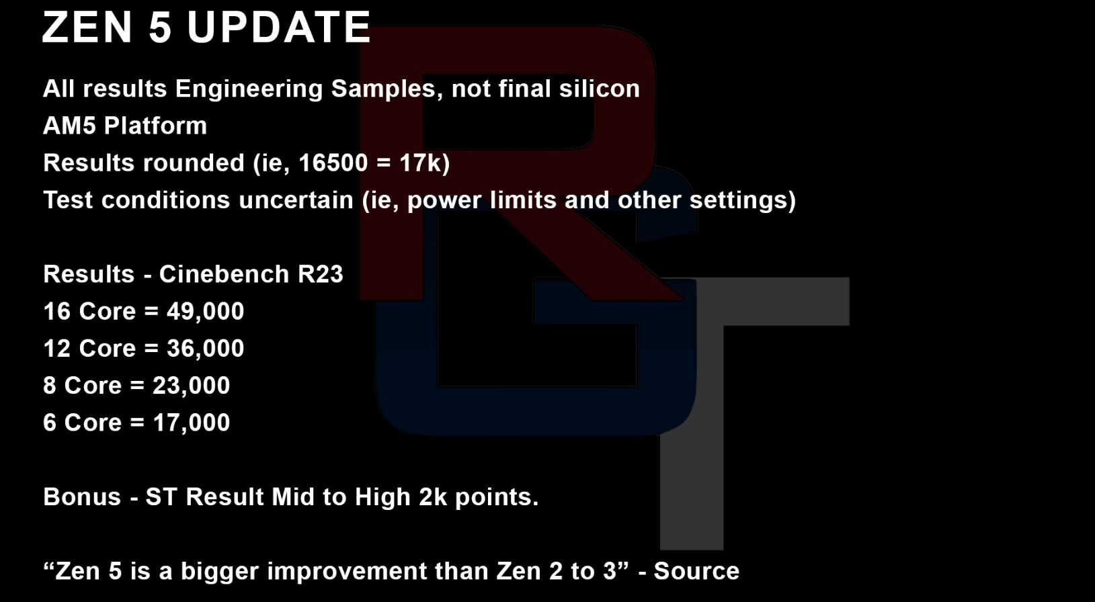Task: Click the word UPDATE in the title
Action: [279, 28]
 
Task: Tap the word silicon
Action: [600, 89]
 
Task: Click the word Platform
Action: [155, 126]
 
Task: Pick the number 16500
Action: [333, 163]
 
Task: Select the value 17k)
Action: [424, 163]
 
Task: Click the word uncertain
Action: [296, 200]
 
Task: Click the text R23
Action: [320, 274]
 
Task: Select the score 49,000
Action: [205, 312]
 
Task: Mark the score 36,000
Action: [205, 349]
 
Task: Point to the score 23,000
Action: [191, 386]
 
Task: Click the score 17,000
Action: [191, 423]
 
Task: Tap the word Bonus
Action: [82, 497]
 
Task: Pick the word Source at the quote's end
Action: [696, 571]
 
